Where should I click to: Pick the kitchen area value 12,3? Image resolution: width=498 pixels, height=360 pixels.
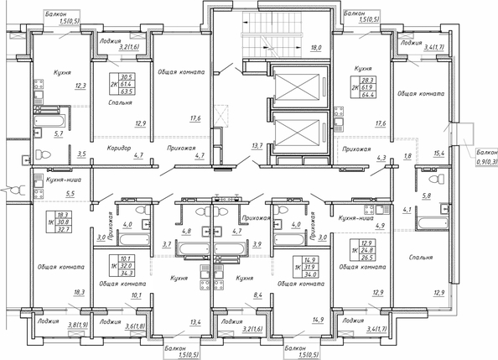80,85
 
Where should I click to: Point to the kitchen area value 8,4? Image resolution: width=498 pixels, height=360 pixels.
258,295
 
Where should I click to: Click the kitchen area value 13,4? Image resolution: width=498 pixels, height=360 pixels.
195,321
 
